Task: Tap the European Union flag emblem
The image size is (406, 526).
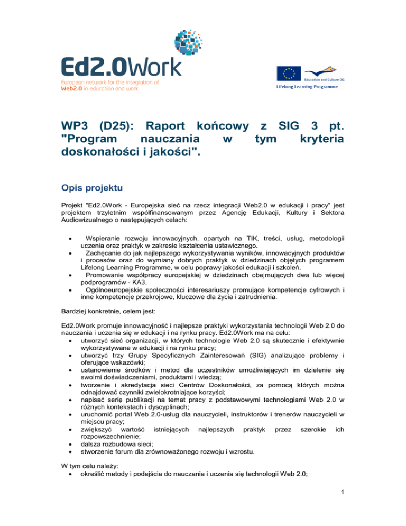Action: [288, 74]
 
